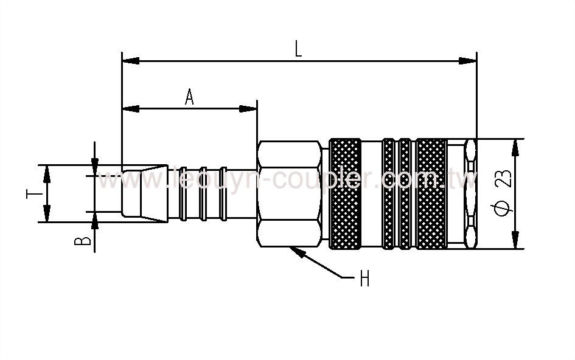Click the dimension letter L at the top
pos(298,49)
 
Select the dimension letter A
pos(189,97)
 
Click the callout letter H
pos(364,279)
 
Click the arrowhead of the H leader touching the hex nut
pos(296,251)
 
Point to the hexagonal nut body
pos(289,194)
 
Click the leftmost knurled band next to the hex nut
pos(345,194)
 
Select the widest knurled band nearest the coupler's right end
pos(431,194)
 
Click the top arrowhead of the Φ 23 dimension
pos(516,146)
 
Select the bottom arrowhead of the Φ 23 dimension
pos(516,241)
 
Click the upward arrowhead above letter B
pos(95,219)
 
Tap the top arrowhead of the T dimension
pos(46,171)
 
